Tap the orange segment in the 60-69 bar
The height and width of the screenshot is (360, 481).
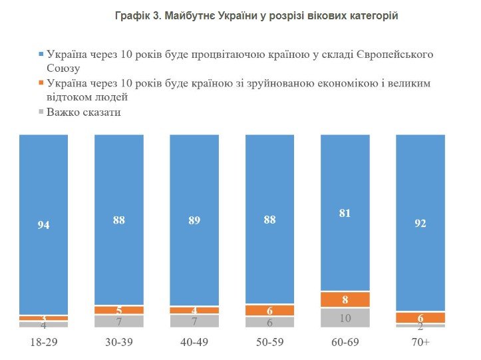pyautogui.click(x=345, y=299)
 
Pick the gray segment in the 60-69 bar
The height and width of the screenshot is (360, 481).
pyautogui.click(x=345, y=317)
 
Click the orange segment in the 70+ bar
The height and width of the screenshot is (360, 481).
pyautogui.click(x=420, y=317)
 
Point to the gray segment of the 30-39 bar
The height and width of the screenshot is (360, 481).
pyautogui.click(x=118, y=321)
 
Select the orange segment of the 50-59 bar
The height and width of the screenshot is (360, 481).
pyautogui.click(x=269, y=310)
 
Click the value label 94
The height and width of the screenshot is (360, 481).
pyautogui.click(x=43, y=225)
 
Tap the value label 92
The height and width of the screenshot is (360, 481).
pyautogui.click(x=420, y=224)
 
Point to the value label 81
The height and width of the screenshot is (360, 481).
pyautogui.click(x=345, y=213)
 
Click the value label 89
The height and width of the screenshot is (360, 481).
pyautogui.click(x=194, y=220)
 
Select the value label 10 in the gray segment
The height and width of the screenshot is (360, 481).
pyautogui.click(x=345, y=318)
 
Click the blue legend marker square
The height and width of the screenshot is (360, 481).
pyautogui.click(x=41, y=54)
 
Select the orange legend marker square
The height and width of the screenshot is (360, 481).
pyautogui.click(x=41, y=83)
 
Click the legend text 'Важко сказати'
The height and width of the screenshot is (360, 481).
pyautogui.click(x=83, y=112)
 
